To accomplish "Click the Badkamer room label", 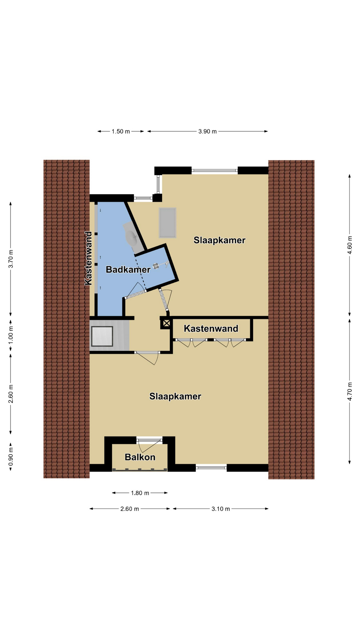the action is pos(128,269).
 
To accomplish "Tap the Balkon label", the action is pos(140,457).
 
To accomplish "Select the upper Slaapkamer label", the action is pos(219,240).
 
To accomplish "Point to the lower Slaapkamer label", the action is pos(175,396).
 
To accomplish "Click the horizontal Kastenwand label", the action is pos(211,329).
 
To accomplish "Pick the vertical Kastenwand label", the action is pos(88,258).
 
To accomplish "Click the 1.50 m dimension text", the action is pos(121,131).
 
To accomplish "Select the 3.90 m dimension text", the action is pos(207,131).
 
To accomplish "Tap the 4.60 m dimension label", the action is pos(350,245).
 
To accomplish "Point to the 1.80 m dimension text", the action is pos(140,493).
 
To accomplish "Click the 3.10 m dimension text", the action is pos(221,509).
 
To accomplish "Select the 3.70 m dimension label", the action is pos(11,259).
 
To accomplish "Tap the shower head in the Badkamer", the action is pos(156,266).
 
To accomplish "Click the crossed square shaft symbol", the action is pos(166,323).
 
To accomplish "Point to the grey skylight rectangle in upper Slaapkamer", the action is pos(168,223).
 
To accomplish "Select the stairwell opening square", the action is pos(102,336).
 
